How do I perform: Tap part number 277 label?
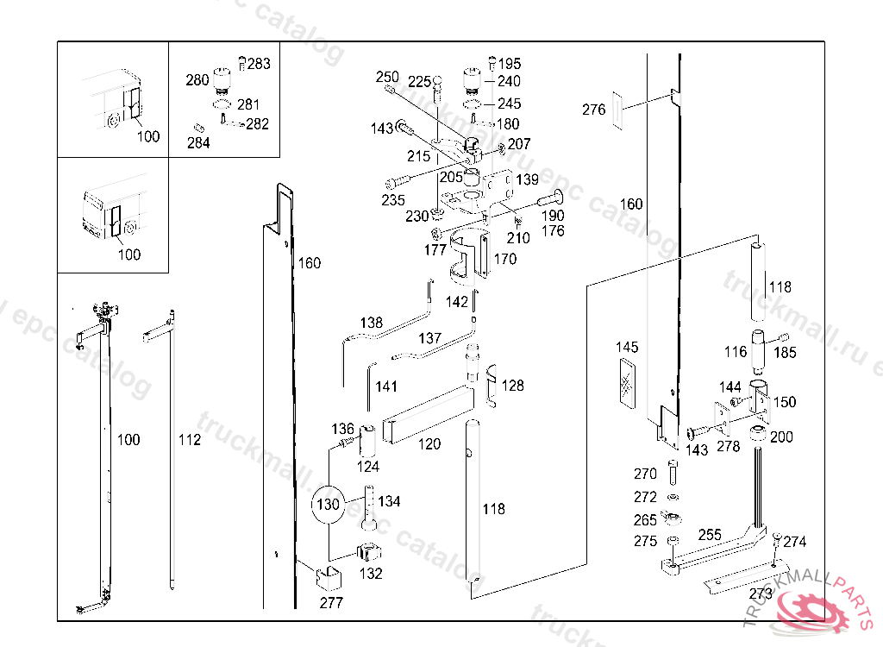click(331, 603)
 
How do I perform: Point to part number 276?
click(594, 110)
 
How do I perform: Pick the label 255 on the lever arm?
click(710, 535)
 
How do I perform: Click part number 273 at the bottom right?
click(761, 594)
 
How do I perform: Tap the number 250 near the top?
click(387, 78)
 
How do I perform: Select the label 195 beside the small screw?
click(510, 64)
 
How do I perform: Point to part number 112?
click(190, 440)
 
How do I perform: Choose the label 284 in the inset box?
click(198, 143)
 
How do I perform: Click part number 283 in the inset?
click(259, 63)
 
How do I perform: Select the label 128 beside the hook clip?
click(513, 386)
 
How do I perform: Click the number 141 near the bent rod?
click(386, 386)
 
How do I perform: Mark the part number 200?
click(781, 437)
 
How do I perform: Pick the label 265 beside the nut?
click(645, 520)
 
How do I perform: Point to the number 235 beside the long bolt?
click(393, 200)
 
